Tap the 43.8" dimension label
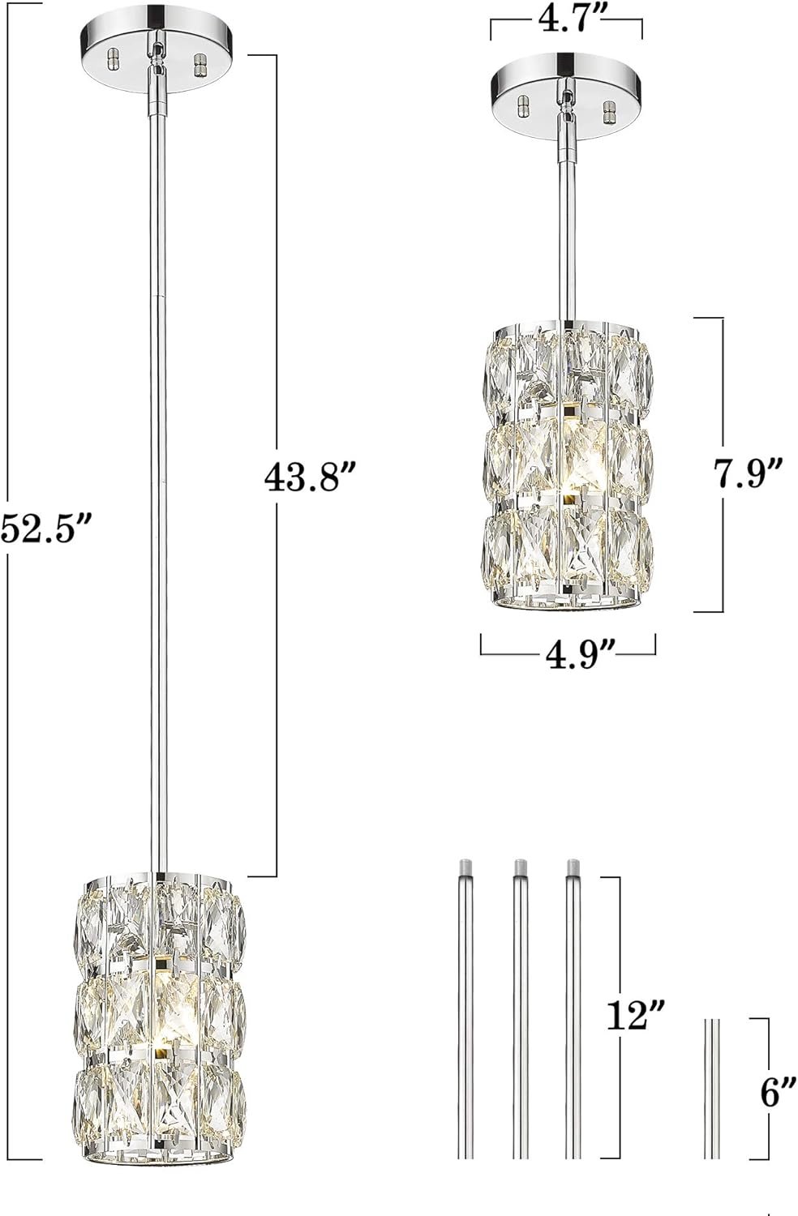[310, 477]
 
